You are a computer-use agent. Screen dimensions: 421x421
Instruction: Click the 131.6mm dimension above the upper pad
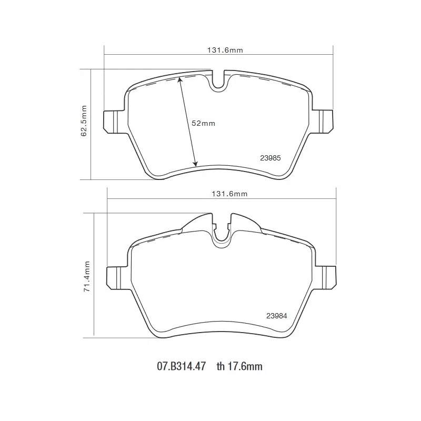click(x=225, y=50)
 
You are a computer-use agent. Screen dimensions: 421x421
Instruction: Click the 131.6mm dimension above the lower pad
click(x=229, y=194)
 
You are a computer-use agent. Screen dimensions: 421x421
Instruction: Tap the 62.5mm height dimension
click(x=84, y=121)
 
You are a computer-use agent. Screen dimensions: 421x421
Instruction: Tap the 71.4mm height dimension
click(x=86, y=277)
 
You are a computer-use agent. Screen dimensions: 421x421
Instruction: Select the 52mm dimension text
click(x=204, y=124)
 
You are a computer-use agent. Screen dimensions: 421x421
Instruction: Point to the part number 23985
click(x=270, y=158)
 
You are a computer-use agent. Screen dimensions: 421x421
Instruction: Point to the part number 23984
click(x=277, y=316)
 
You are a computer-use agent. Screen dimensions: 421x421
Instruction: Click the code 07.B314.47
click(x=182, y=366)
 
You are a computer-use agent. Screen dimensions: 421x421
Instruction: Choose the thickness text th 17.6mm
click(x=239, y=366)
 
